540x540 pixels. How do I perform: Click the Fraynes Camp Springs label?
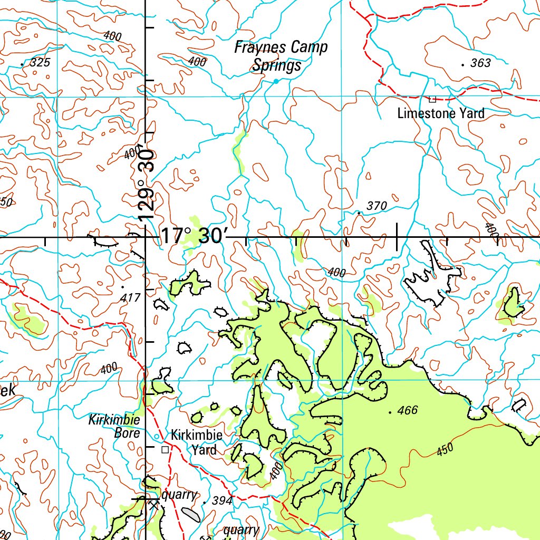coord(281,56)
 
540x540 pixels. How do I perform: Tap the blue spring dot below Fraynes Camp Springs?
coord(275,81)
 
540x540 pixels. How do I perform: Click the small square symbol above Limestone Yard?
coord(432,99)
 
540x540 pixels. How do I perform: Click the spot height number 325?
coord(40,63)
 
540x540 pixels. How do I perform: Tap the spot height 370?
coord(377,206)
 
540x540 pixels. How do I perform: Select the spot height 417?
coord(130,297)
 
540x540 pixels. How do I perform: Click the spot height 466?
coord(407,410)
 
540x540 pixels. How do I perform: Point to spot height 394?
coord(221,501)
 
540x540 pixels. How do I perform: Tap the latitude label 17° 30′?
coord(192,236)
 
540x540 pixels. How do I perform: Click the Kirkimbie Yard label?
coord(196,442)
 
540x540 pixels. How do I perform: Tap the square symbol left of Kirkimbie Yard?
coord(165,449)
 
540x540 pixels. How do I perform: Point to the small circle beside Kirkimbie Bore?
coord(156,437)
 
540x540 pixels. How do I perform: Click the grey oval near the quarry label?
coord(191,514)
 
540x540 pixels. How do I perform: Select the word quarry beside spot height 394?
coord(179,495)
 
